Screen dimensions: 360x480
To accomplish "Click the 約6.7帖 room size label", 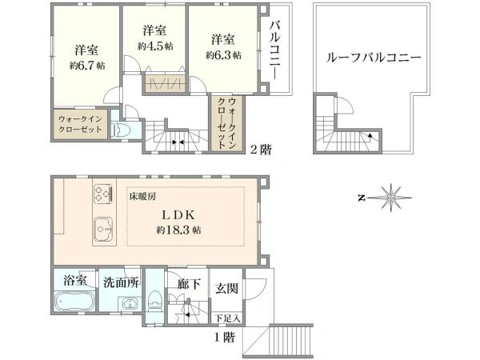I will click(x=87, y=66).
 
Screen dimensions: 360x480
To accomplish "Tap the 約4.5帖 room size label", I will click(x=154, y=46).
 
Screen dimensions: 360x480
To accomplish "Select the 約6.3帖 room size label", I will click(x=222, y=55).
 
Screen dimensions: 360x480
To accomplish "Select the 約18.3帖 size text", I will click(x=179, y=230).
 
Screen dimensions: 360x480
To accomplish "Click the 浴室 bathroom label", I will click(x=75, y=281).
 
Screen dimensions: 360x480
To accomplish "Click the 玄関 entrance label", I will click(x=225, y=287).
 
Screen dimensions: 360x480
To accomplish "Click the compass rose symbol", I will click(x=392, y=197).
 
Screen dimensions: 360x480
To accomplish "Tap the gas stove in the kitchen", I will click(x=105, y=193).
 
